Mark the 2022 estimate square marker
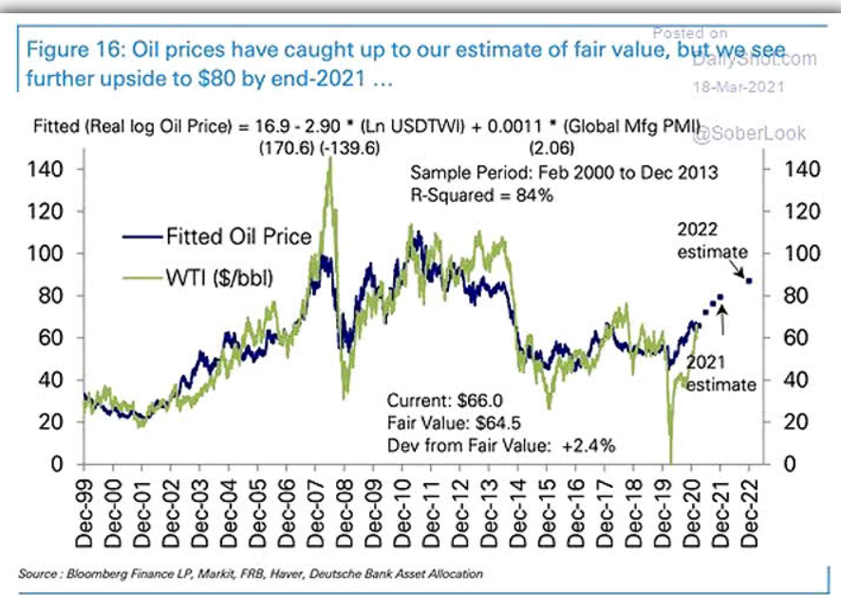[x=749, y=281]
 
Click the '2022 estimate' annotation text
[x=711, y=241]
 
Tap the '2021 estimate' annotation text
[x=720, y=374]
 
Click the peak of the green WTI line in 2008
[x=329, y=160]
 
